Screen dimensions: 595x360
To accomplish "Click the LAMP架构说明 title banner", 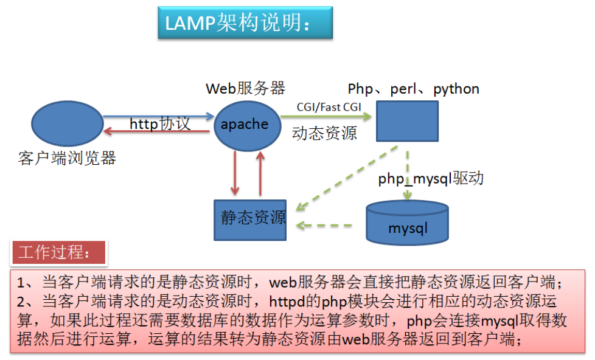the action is pos(245,22).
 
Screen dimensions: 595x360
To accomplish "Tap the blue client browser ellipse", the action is pos(68,123).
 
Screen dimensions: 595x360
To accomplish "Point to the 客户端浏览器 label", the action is pos(67,158).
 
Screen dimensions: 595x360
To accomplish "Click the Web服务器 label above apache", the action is pos(246,88).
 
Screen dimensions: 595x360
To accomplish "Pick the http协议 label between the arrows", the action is pos(160,123).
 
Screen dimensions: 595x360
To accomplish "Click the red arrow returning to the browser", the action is pos(156,131).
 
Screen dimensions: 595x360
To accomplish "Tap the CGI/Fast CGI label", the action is pos(329,107).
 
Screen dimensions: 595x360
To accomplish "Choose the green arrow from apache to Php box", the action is pos(326,116).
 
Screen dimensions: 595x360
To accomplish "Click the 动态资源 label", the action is pos(324,133).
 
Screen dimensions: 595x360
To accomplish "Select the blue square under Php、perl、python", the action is pos(407,121).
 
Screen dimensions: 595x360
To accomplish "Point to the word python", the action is pos(456,89).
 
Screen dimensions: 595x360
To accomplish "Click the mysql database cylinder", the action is pos(407,223).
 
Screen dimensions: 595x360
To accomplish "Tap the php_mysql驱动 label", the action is pos(431,178).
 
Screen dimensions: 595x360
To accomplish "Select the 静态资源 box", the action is pos(250,220).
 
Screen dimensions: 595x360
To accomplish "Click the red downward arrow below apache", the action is pos(235,173).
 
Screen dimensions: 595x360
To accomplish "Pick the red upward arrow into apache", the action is pos(260,173).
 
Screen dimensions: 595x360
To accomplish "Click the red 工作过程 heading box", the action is pos(59,252).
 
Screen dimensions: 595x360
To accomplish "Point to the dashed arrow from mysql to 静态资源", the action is pos(324,226).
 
